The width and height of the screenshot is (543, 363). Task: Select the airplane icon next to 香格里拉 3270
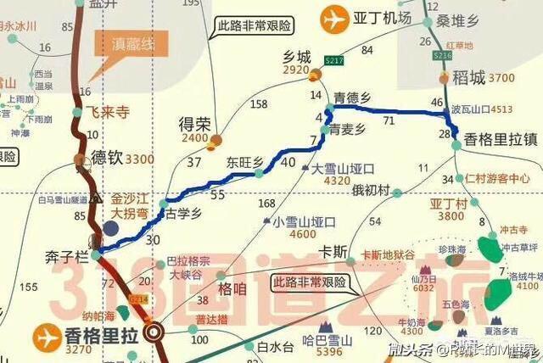coord(45,338)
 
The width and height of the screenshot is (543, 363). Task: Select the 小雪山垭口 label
coord(305,221)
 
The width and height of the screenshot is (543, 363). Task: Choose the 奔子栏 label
coord(67,254)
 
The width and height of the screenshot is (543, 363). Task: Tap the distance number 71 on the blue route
coord(389,122)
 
